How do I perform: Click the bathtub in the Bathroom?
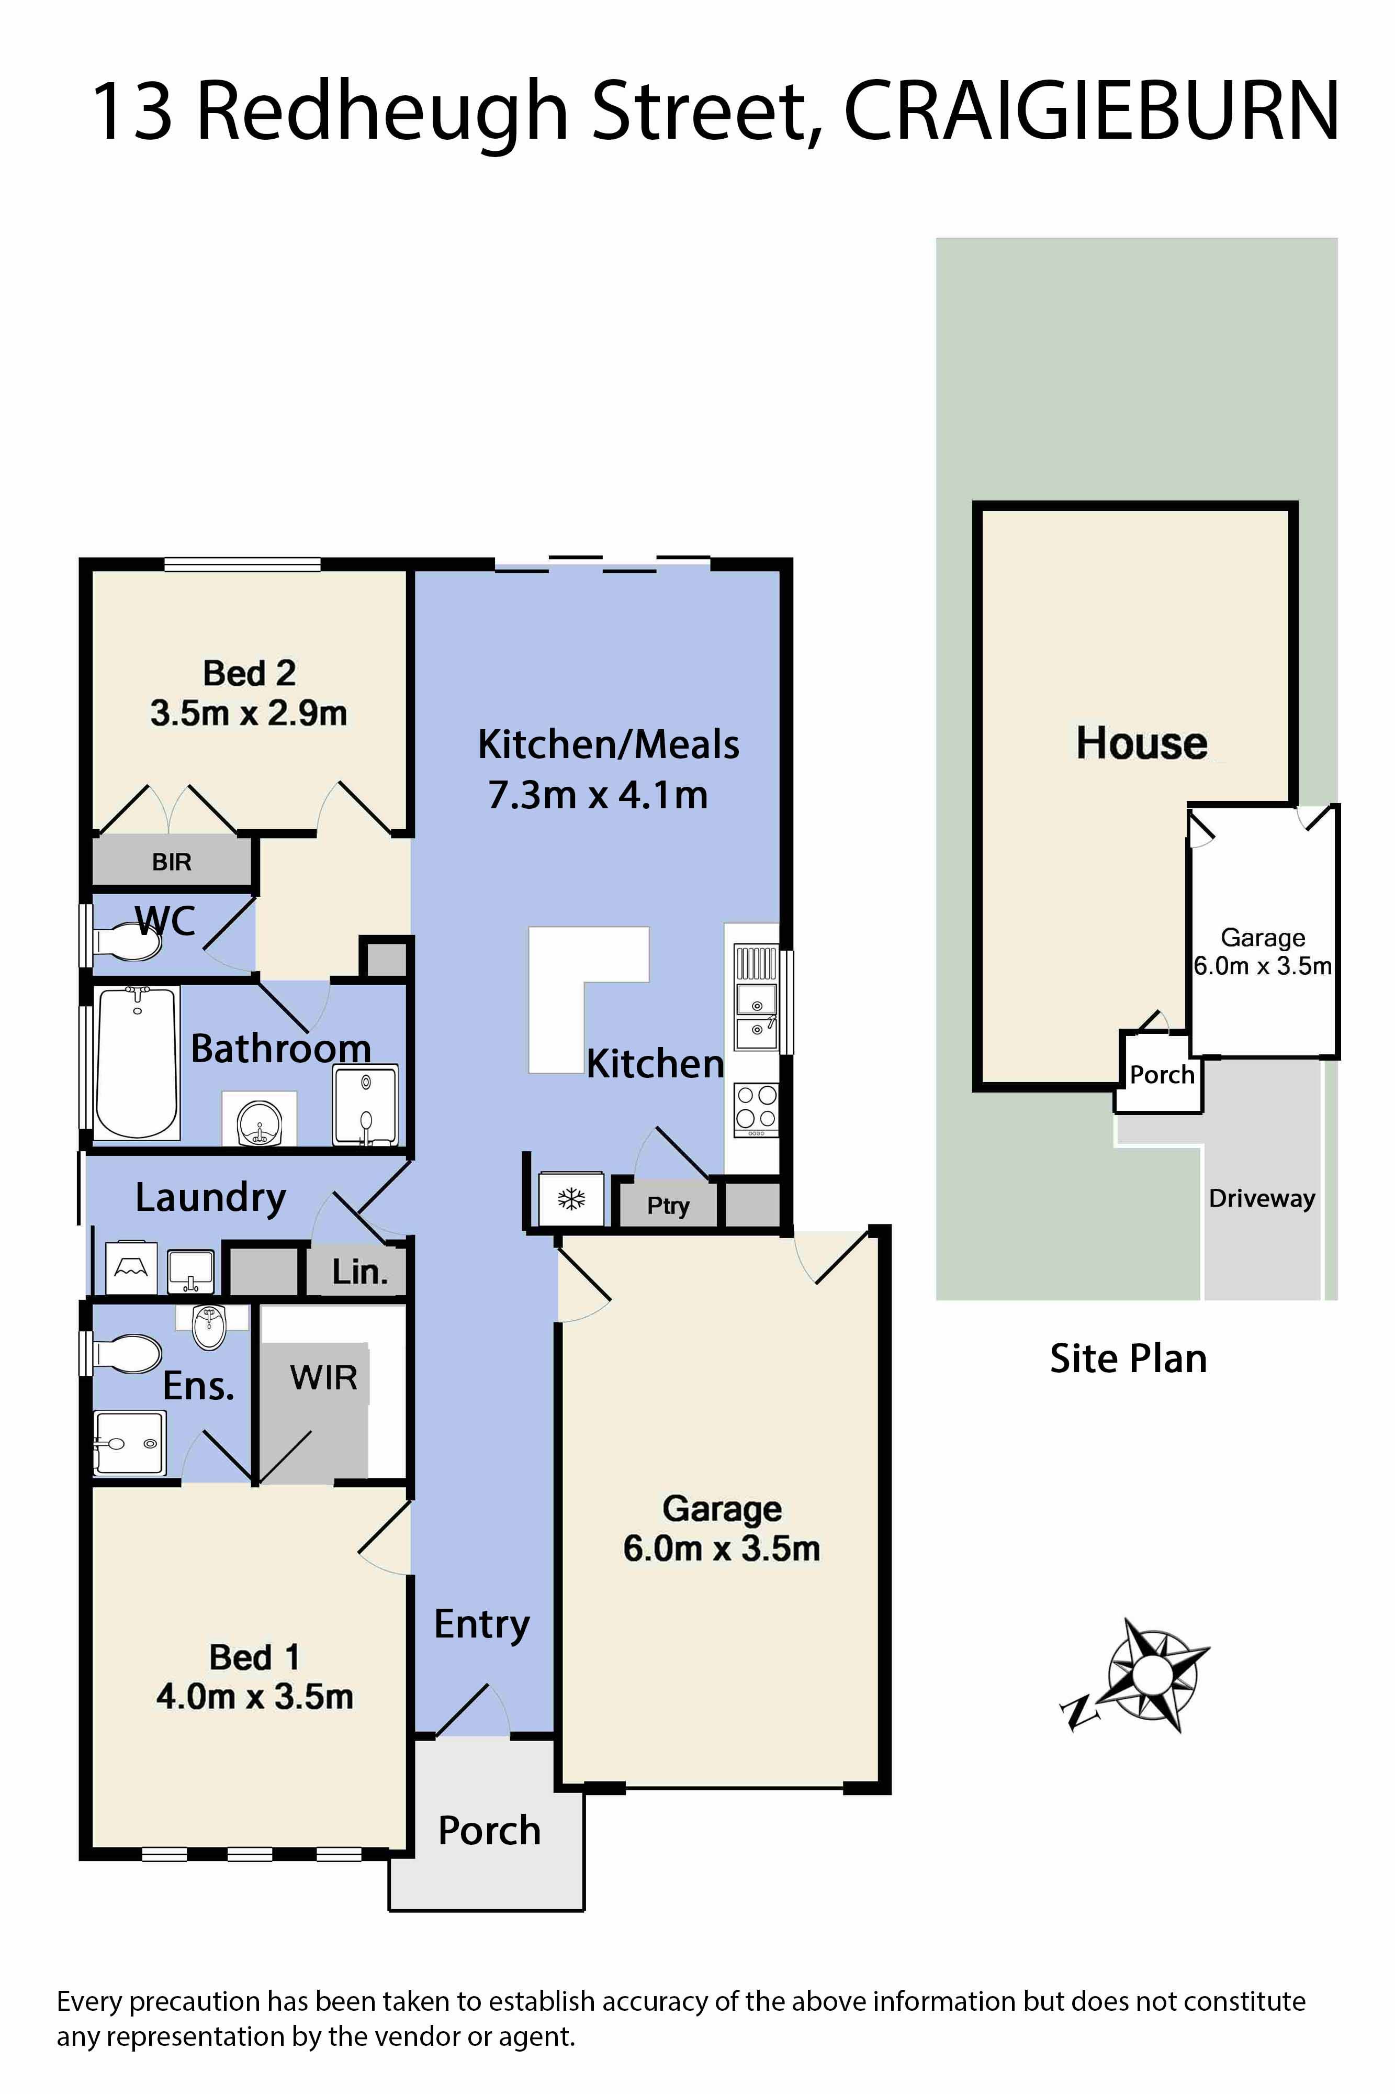tap(136, 1063)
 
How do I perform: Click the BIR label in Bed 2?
tap(172, 862)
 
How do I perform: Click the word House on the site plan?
tap(1141, 742)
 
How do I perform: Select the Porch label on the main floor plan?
tap(489, 1831)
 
